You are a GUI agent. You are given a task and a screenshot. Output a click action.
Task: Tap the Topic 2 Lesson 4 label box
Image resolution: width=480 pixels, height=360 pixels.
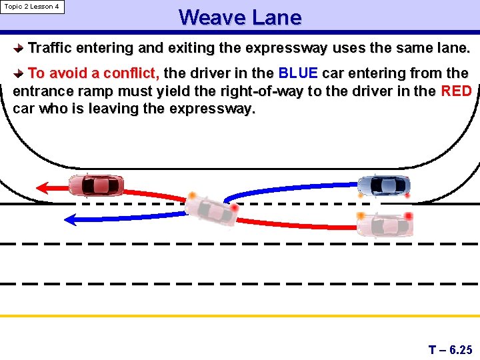click(x=32, y=7)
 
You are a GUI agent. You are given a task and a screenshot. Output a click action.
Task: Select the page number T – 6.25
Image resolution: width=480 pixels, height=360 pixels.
click(x=450, y=349)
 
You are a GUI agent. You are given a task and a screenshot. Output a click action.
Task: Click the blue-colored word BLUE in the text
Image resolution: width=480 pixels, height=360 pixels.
click(x=298, y=73)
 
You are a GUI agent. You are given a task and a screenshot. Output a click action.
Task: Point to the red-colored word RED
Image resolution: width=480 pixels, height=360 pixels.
click(x=457, y=91)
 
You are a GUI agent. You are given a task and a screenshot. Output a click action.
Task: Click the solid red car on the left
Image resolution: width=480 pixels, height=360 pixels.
click(x=96, y=185)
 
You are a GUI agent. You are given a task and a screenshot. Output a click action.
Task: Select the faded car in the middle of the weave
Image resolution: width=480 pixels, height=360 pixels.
click(x=211, y=209)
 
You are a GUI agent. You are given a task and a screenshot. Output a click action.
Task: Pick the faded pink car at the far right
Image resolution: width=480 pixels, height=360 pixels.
click(x=384, y=225)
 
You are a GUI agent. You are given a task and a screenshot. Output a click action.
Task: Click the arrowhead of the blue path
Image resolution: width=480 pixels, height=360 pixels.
click(x=71, y=218)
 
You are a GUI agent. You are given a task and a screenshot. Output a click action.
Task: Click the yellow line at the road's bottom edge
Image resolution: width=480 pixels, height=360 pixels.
click(x=240, y=315)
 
